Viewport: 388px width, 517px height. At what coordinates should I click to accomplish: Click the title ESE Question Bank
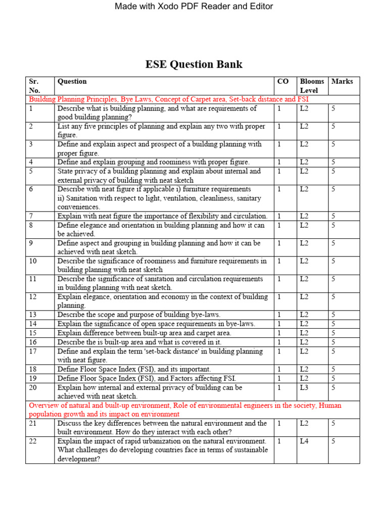tap(194, 64)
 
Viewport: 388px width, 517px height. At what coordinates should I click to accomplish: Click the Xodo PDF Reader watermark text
tap(194, 7)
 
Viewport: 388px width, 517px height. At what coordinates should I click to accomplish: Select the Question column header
tap(72, 81)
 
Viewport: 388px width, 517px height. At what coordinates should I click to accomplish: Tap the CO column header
tap(282, 81)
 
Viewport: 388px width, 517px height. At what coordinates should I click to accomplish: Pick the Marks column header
tap(342, 81)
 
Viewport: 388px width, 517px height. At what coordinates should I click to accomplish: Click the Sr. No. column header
tap(34, 86)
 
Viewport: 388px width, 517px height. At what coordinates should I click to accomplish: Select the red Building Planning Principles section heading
tap(168, 99)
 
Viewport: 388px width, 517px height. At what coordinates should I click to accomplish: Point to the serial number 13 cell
tap(33, 315)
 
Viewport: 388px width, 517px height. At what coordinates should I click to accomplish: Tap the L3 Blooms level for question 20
tap(304, 388)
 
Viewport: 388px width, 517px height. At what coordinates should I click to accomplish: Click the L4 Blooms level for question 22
tap(304, 441)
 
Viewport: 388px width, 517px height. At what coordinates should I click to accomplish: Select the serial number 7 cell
tap(31, 216)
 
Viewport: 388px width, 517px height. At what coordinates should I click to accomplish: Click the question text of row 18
tap(134, 369)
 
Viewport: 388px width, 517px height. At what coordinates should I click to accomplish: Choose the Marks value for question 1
tap(333, 109)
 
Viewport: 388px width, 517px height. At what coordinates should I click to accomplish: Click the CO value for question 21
tap(279, 424)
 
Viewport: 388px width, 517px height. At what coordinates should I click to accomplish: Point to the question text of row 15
tap(144, 333)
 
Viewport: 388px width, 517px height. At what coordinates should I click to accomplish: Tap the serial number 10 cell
tap(33, 261)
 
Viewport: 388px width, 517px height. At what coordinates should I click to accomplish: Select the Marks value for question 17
tap(333, 351)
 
